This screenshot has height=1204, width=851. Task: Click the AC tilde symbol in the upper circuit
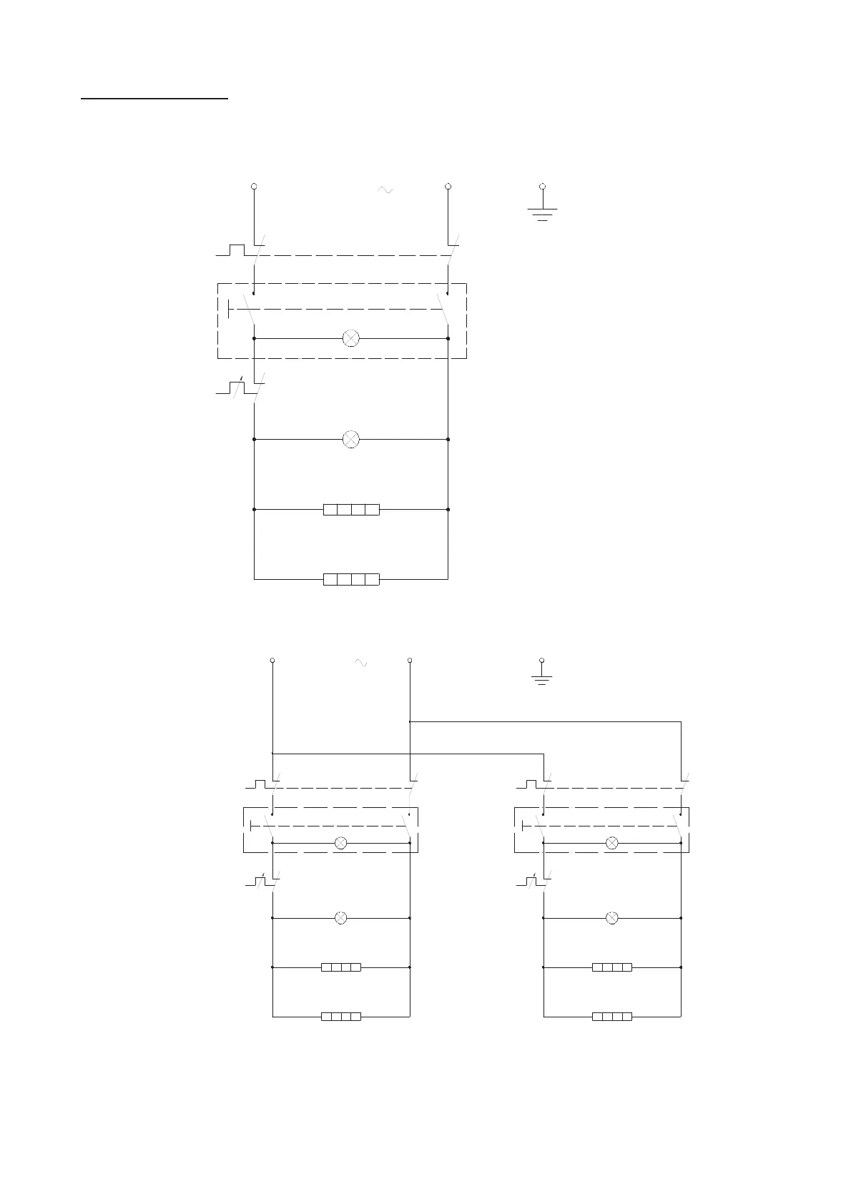coord(384,190)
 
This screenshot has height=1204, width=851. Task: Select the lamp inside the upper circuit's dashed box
coord(351,338)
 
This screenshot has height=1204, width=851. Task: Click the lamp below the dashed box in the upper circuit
coord(351,439)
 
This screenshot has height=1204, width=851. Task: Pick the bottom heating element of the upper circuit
coord(351,579)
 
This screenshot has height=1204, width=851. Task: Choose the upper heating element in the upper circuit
coord(351,510)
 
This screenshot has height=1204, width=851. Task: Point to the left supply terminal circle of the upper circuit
coord(254,187)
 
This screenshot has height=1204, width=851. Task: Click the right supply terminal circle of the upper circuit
coord(448,187)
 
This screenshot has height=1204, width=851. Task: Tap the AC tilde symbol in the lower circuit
coord(361,663)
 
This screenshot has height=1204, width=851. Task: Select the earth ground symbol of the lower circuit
coord(542,673)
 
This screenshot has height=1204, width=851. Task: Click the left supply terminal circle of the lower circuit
coord(272,660)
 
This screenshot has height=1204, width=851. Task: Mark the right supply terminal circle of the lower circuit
coord(409,660)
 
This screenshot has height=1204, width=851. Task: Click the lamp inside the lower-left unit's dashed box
coord(341,843)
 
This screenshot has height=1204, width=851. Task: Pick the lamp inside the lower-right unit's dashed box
coord(612,843)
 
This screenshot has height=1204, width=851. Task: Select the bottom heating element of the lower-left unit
coord(341,1016)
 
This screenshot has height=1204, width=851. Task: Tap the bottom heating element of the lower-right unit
coord(612,1016)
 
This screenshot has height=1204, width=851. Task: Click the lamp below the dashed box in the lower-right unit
coord(612,917)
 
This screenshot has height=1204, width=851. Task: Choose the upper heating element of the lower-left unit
coord(341,967)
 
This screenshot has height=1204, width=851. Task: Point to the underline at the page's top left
coord(154,100)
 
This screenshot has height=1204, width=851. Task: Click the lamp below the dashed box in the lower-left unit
coord(341,917)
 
